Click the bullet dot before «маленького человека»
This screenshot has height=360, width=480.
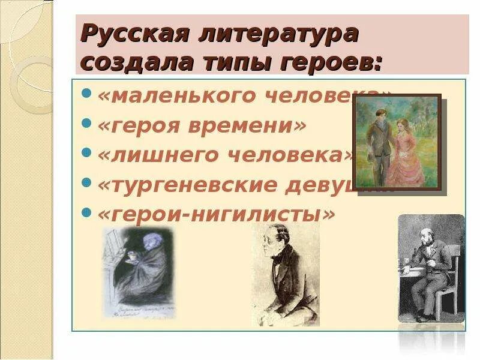[x=86, y=94]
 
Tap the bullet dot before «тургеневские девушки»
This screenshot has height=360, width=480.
[x=86, y=182]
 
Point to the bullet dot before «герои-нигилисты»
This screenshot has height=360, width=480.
[x=86, y=212]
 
